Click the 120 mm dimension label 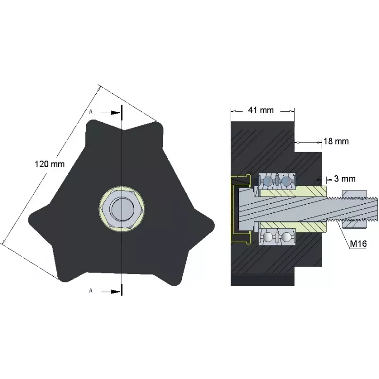tap(50, 164)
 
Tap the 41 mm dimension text tap(261, 110)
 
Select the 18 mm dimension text tap(336, 141)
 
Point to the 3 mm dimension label tap(345, 179)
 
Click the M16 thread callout tap(358, 244)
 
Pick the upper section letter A tap(91, 112)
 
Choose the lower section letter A tap(91, 290)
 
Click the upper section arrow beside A tap(111, 113)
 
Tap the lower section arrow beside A tap(111, 292)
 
